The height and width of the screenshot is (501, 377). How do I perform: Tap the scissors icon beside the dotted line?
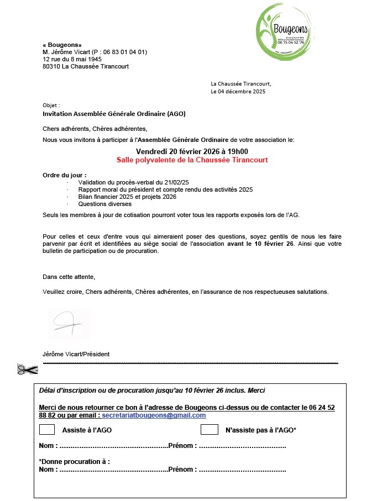(x=27, y=370)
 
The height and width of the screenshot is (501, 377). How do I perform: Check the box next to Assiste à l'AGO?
(x=47, y=429)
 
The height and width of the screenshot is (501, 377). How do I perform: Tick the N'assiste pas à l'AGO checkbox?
(x=209, y=429)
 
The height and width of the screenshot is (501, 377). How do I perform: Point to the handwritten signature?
(x=67, y=325)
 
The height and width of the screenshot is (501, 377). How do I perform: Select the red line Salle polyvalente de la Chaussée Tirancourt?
(x=192, y=160)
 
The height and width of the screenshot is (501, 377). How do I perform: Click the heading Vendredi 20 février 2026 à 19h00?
(x=192, y=152)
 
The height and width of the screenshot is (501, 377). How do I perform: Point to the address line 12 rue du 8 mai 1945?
(x=72, y=59)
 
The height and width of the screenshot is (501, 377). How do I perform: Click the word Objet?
(x=51, y=104)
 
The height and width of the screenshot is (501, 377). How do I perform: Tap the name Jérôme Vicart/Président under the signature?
(x=76, y=354)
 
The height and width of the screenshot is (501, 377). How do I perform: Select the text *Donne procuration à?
(x=74, y=461)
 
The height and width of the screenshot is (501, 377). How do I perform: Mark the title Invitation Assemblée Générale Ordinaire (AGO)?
(x=114, y=114)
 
